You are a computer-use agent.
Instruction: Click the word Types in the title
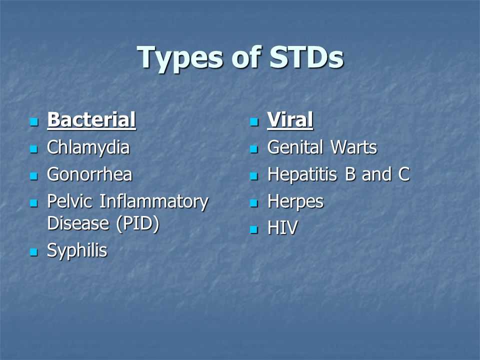click(x=179, y=58)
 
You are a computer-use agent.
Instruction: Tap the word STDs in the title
click(x=306, y=57)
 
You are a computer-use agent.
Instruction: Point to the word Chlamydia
click(x=88, y=148)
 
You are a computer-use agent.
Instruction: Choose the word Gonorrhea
click(x=89, y=174)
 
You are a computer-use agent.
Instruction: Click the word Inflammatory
click(x=154, y=202)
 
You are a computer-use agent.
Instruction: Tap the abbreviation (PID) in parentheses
click(x=138, y=223)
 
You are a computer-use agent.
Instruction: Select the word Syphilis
click(x=77, y=250)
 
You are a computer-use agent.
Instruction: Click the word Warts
click(x=354, y=147)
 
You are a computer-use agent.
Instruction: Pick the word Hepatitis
click(x=301, y=175)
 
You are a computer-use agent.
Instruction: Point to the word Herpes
click(x=295, y=202)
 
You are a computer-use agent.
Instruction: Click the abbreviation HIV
click(x=282, y=228)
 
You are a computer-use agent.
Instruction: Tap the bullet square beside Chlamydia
click(x=33, y=149)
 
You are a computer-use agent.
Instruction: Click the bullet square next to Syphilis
click(x=33, y=252)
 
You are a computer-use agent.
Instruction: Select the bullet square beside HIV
click(x=254, y=229)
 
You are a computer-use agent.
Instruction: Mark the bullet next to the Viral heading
click(x=254, y=122)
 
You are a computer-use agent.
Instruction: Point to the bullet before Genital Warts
click(x=254, y=149)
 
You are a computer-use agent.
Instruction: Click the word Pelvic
click(x=69, y=201)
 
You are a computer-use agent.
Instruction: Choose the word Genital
click(x=295, y=148)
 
